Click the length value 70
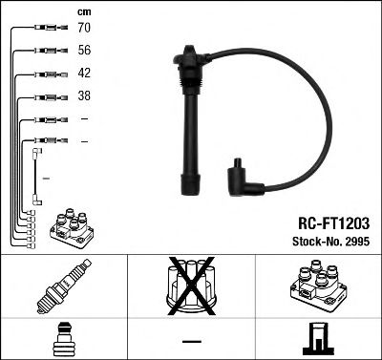(x=85, y=29)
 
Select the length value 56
(x=85, y=52)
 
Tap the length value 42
(x=85, y=74)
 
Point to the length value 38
(x=85, y=96)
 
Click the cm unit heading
(x=84, y=11)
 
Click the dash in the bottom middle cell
(x=191, y=340)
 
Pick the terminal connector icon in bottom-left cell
(x=63, y=339)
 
